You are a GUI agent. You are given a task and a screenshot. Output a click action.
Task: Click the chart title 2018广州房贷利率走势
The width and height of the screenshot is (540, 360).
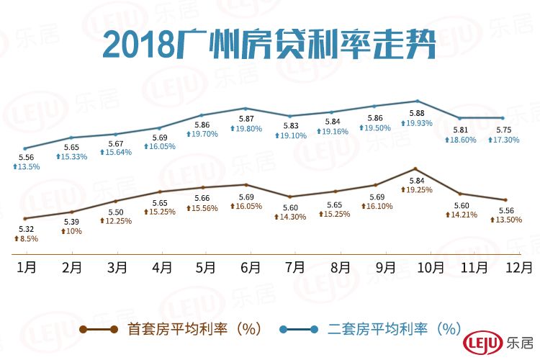click(x=269, y=45)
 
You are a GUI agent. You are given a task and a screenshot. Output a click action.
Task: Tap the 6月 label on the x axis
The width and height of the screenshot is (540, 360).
click(x=250, y=266)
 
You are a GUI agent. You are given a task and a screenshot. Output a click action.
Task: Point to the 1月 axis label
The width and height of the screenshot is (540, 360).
click(x=27, y=266)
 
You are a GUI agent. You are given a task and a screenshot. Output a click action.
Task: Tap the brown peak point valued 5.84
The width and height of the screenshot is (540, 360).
click(x=415, y=168)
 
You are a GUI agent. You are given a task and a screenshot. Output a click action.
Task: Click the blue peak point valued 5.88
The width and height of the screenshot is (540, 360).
click(x=417, y=101)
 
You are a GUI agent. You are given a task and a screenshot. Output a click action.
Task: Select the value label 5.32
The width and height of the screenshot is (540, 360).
click(x=25, y=228)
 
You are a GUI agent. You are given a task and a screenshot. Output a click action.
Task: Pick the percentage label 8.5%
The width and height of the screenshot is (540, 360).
click(x=26, y=238)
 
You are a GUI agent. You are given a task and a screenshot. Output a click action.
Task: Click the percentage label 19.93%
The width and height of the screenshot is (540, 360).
click(x=418, y=123)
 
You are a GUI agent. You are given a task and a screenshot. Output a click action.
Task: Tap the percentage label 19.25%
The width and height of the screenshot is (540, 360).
click(x=417, y=190)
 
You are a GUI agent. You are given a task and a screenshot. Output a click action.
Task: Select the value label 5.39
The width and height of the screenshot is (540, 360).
click(x=71, y=222)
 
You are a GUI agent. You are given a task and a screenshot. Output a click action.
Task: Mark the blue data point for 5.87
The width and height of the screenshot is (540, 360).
click(x=246, y=108)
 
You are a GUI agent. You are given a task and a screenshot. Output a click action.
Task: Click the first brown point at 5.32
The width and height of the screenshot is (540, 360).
click(x=25, y=218)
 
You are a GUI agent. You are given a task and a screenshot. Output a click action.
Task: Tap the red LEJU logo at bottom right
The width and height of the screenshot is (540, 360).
click(x=482, y=342)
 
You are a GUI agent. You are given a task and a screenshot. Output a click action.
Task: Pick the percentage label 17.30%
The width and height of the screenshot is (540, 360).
click(x=503, y=141)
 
